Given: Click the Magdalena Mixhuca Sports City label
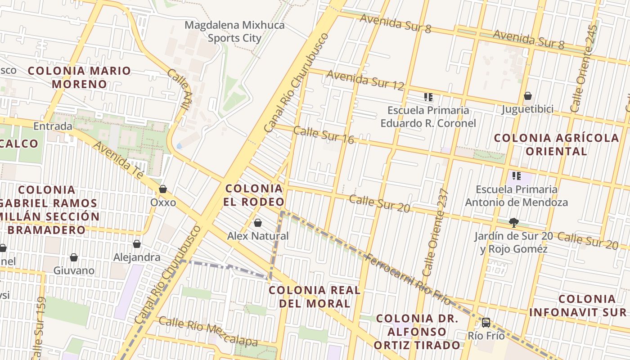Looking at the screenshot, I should coord(234,31).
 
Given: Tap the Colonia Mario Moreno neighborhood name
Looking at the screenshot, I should coord(80,77).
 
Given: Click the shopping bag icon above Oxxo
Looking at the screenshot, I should coord(163,189).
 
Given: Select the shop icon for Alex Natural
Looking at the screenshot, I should coord(258,223).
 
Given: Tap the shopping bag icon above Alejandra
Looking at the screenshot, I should coord(137,244).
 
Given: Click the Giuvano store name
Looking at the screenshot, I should coord(74,270).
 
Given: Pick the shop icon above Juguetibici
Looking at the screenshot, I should coord(528,96).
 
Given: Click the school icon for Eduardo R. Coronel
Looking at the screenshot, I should coord(428,97).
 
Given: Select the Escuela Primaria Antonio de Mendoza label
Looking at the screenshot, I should coord(516,196).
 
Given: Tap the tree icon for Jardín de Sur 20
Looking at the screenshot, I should coord(513,222).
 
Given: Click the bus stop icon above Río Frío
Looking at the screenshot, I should coord(486,323).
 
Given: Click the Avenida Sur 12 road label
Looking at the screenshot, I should coord(365,80).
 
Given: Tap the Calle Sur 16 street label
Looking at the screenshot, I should coord(324,135).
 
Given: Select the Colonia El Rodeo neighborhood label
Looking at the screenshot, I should coord(254,195).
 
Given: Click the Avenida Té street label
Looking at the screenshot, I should coord(119,160).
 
